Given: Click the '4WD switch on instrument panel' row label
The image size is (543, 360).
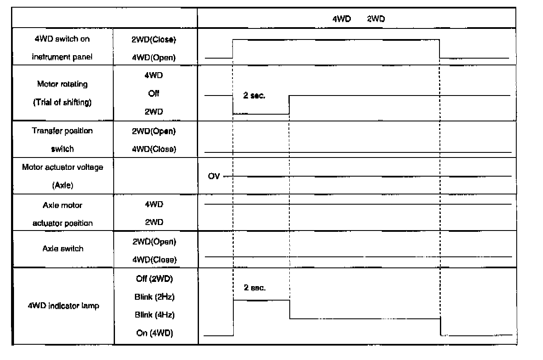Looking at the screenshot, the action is tap(62, 48).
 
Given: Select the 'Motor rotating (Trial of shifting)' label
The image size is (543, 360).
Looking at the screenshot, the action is tap(62, 93).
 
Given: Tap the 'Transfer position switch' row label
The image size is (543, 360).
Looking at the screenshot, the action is tap(62, 140).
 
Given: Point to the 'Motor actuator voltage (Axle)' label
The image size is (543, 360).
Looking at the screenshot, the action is tap(62, 176).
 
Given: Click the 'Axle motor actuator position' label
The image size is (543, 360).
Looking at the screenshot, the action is tap(62, 214).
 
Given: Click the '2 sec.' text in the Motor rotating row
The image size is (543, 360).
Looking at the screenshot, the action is tap(254, 96).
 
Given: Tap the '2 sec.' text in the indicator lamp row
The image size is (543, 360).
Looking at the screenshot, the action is tap(255, 288).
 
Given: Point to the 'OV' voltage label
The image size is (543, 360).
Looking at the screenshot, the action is tap(214, 176).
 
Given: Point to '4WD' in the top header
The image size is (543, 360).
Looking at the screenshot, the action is tap(341, 19).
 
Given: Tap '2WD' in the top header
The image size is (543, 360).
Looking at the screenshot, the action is tap(375, 19).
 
